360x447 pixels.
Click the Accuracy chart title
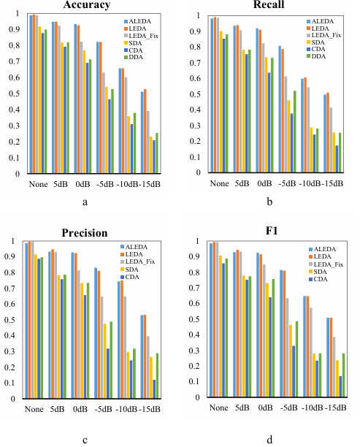click(87, 4)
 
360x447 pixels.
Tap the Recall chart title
click(269, 4)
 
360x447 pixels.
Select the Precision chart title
click(85, 233)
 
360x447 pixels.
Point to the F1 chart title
click(272, 230)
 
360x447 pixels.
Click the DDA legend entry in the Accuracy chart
click(134, 57)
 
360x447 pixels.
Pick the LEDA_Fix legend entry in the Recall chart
click(323, 35)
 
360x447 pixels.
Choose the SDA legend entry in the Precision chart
click(129, 270)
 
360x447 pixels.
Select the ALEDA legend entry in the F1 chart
click(322, 249)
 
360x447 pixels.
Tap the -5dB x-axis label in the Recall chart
click(287, 183)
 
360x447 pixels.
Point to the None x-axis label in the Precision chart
click(34, 409)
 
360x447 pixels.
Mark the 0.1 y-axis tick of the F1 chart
click(195, 381)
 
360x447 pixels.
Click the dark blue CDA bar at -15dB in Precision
click(154, 389)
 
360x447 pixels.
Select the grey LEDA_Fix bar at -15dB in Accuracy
click(148, 142)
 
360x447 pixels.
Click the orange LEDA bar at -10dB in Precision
click(122, 339)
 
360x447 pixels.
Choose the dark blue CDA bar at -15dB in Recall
click(337, 158)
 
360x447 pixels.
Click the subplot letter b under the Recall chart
click(269, 202)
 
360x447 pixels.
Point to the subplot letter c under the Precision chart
click(85, 440)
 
